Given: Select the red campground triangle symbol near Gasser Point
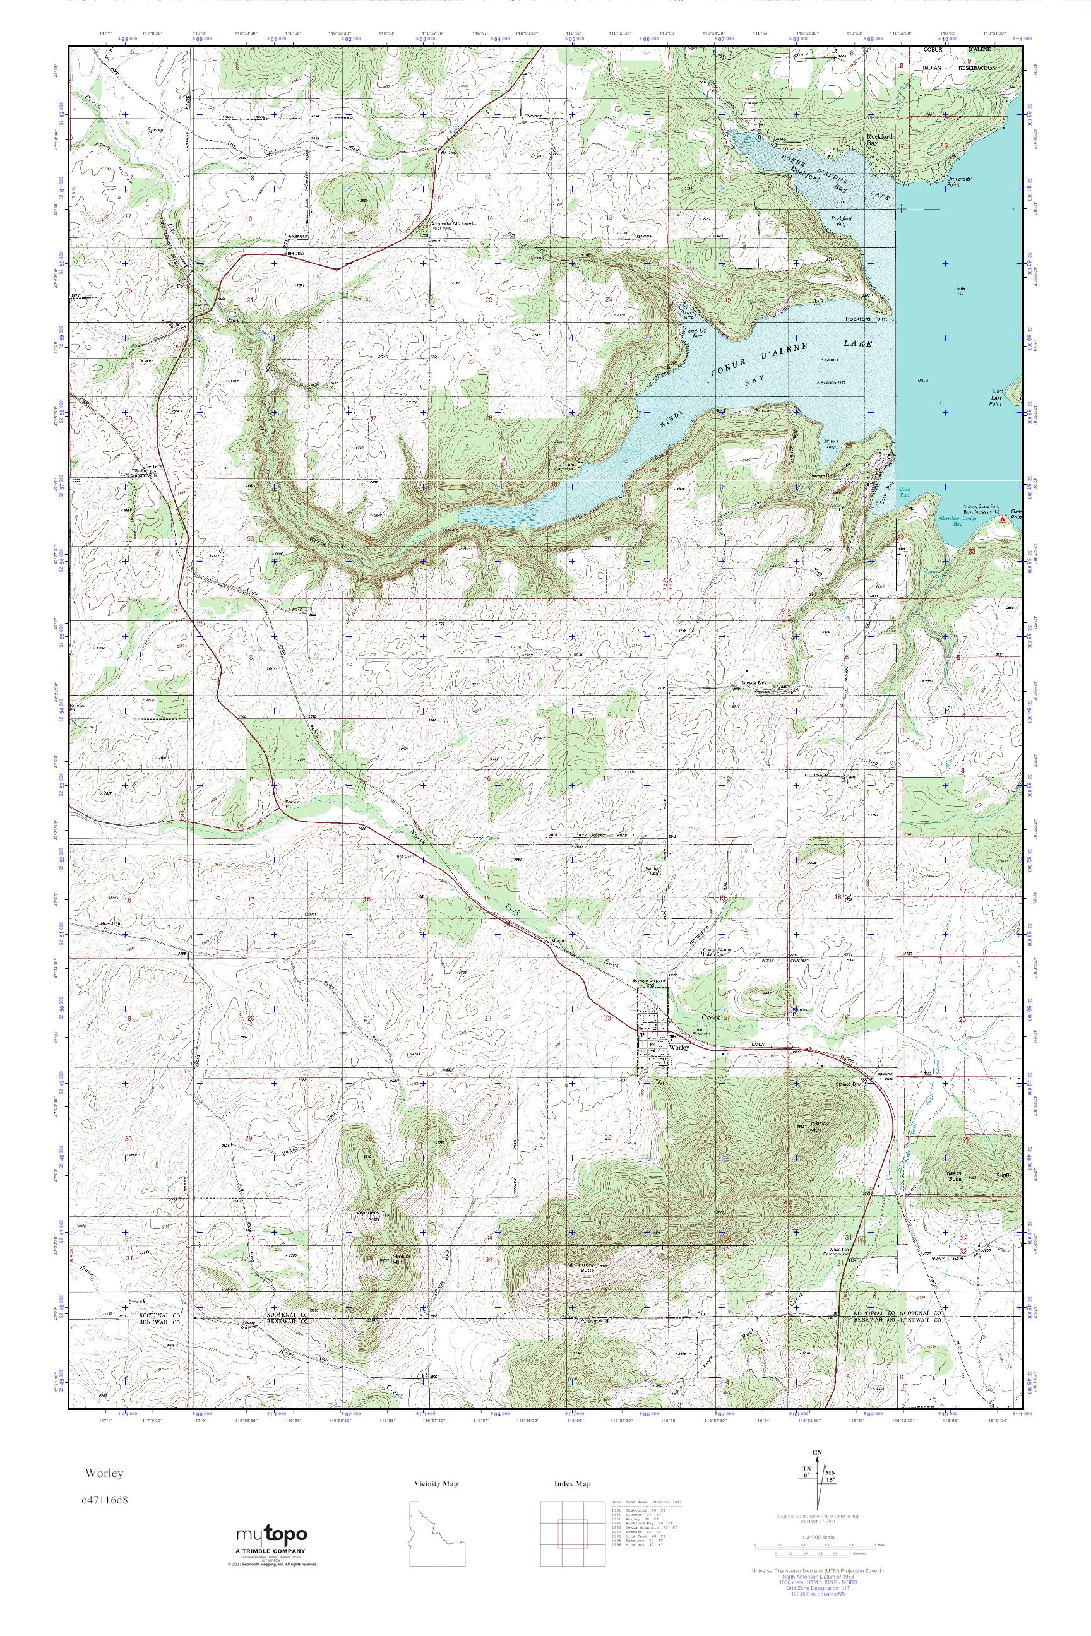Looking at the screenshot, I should coord(1002,519).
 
